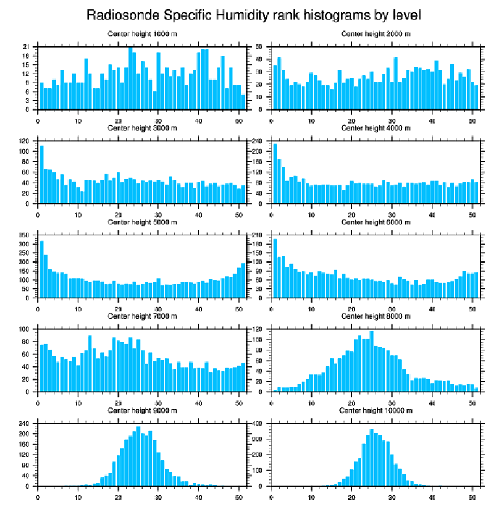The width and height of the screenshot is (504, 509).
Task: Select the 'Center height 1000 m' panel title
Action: pos(142,33)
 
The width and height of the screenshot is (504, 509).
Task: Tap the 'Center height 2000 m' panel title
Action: pos(376,33)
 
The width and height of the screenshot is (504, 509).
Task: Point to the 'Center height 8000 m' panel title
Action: pos(376,316)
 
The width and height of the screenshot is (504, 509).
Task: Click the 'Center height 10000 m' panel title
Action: pos(376,410)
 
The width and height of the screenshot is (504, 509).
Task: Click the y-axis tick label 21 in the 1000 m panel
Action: pos(26,47)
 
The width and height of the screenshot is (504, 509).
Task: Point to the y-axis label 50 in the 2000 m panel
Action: pos(259,47)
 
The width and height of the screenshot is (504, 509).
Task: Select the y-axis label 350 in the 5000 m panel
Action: pos(24,235)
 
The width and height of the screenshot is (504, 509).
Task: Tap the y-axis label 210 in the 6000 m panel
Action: pos(258,235)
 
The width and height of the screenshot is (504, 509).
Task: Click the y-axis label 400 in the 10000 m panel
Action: pos(258,424)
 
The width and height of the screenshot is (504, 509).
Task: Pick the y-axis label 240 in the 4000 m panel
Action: pos(258,141)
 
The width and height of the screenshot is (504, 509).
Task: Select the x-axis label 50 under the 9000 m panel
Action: pos(239,495)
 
